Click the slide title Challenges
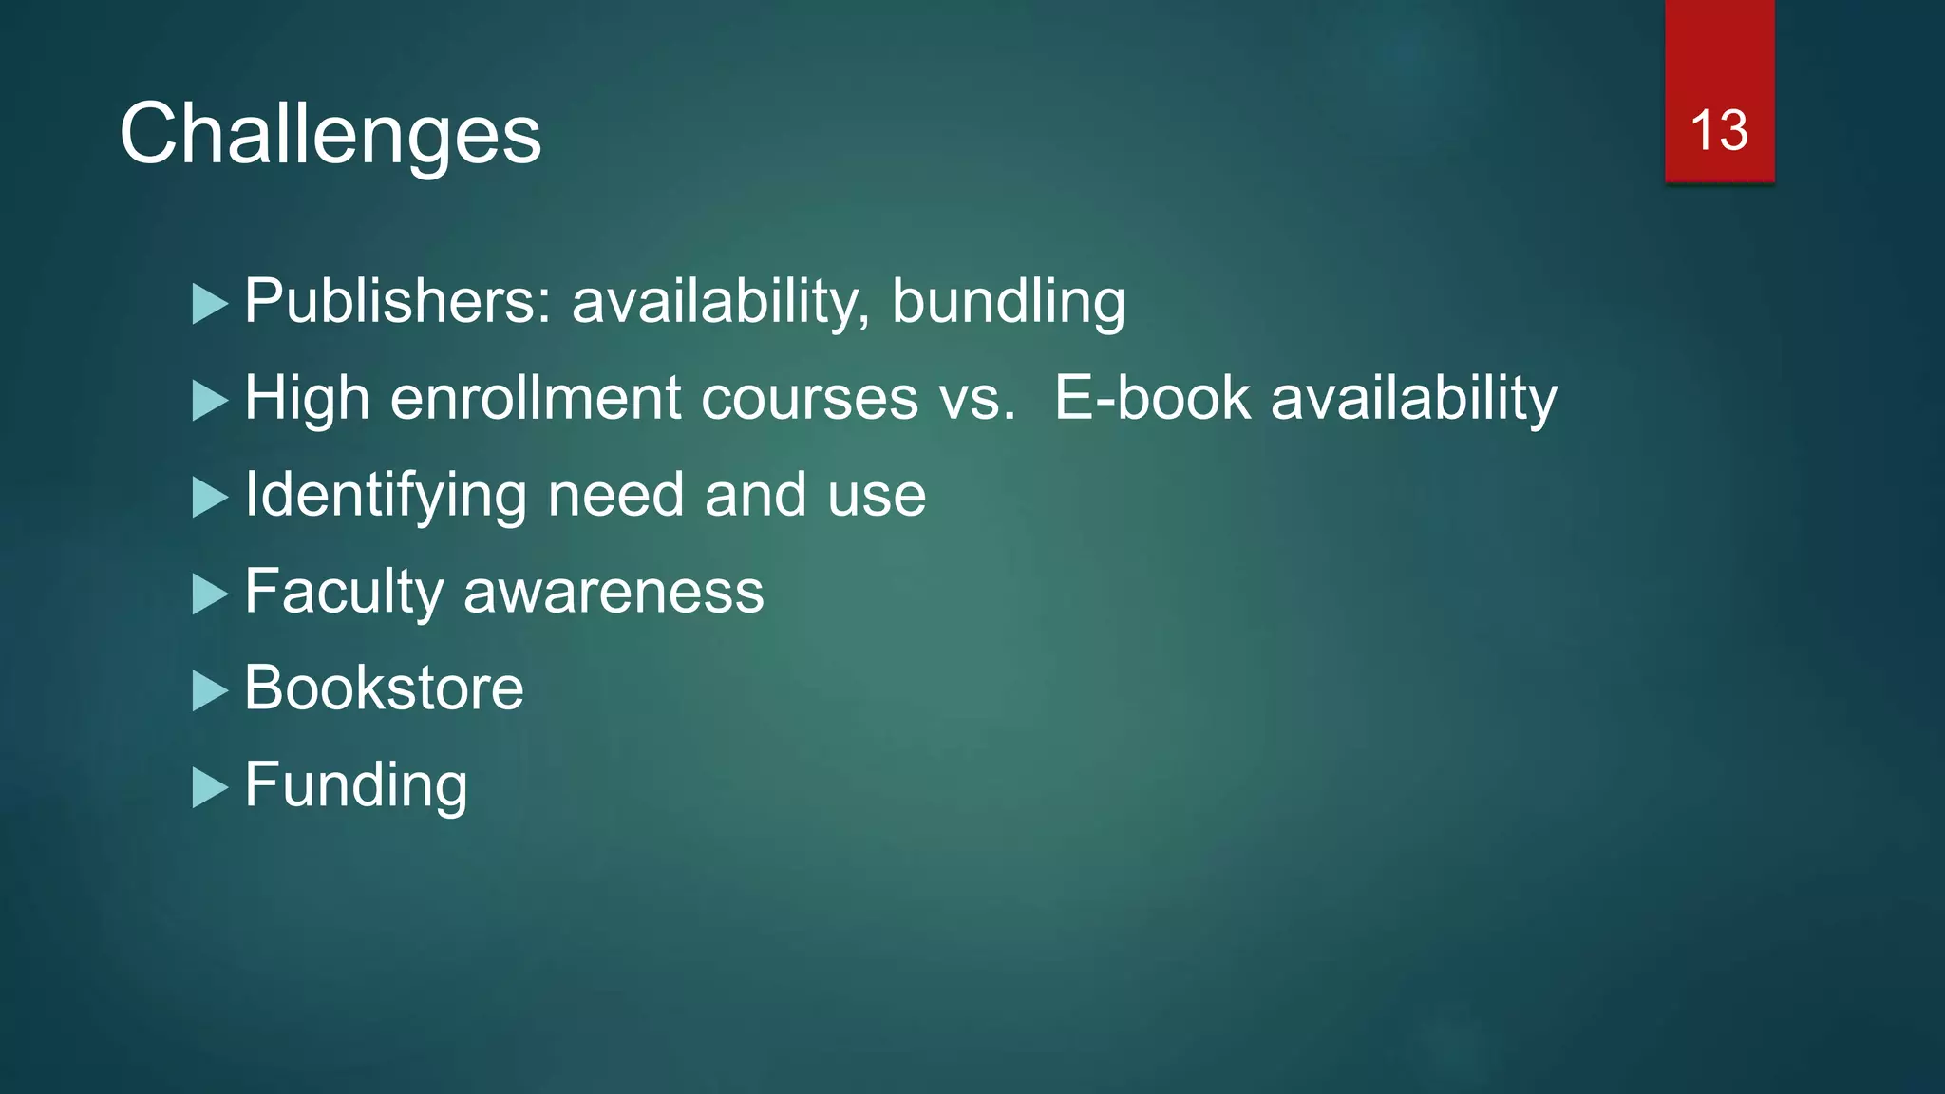[x=330, y=135]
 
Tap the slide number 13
[x=1719, y=130]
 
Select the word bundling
[x=1008, y=303]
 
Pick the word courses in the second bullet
[x=809, y=399]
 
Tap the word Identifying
[x=386, y=496]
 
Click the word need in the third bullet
[x=615, y=495]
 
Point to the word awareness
[x=614, y=593]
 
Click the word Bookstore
[x=384, y=688]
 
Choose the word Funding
[x=355, y=786]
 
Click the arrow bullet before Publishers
[x=210, y=305]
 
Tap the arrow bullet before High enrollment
[x=210, y=401]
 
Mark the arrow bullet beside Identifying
[x=210, y=498]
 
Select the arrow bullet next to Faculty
[x=210, y=594]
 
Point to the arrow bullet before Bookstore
[x=210, y=690]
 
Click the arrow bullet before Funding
[x=210, y=787]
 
